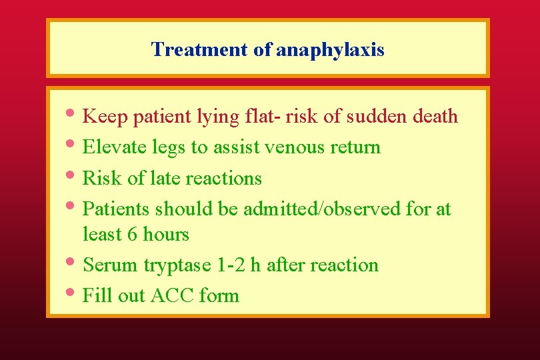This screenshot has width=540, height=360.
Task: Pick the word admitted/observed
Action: (322, 209)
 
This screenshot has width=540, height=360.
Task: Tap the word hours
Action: (167, 234)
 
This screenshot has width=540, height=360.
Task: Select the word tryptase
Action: (177, 265)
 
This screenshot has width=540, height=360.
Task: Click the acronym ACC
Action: (173, 295)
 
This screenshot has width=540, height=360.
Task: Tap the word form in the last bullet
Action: (219, 295)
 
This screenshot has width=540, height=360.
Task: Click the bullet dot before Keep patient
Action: (73, 115)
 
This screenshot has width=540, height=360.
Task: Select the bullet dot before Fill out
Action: (73, 294)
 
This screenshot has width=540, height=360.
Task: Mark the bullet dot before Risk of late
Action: (73, 177)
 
